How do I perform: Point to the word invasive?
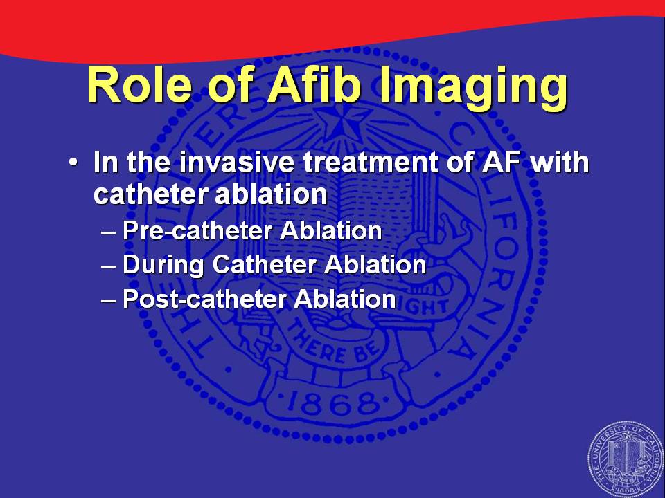(236, 163)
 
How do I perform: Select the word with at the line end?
(560, 162)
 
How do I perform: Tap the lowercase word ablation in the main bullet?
(271, 194)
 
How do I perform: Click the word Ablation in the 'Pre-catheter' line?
(331, 231)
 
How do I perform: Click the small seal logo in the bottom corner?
(626, 459)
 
